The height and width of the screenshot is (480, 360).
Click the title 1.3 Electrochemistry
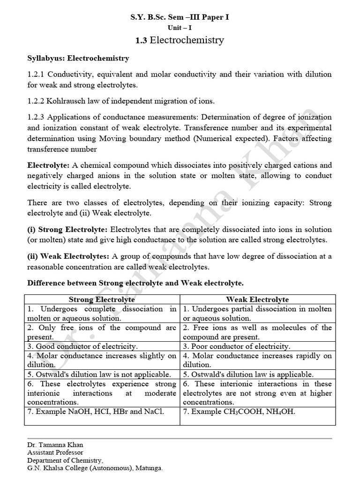coord(180,40)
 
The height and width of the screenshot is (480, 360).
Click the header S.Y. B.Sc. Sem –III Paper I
coord(180,17)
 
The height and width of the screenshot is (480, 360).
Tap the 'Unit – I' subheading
coord(180,28)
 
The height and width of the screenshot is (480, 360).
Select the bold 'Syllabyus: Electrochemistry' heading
coord(78,59)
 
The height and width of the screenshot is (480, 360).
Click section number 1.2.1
coord(36,74)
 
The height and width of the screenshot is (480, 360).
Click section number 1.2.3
coord(36,117)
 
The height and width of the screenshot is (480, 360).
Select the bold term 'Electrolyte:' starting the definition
coord(49,165)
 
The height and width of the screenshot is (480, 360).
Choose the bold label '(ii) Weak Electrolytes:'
coord(68,256)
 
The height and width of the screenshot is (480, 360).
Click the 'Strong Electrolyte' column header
coord(102,300)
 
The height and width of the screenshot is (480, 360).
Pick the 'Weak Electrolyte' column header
coord(257,300)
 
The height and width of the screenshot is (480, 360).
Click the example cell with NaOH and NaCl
coord(96,412)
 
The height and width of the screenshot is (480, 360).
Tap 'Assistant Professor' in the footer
coord(55,452)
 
